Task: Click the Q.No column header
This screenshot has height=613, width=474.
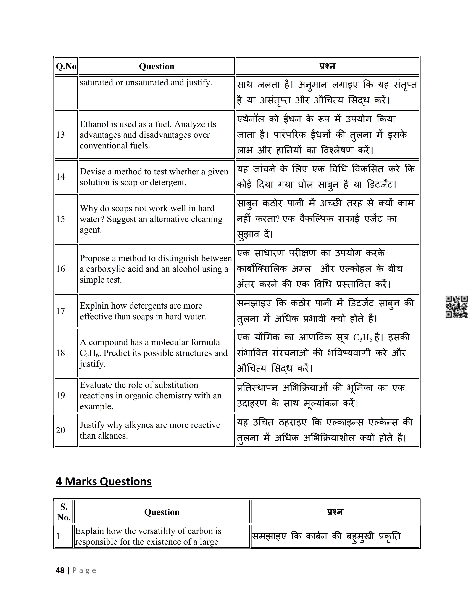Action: coord(66,67)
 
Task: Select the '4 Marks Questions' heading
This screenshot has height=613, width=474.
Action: coord(104,481)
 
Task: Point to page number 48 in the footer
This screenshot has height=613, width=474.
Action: coord(60,570)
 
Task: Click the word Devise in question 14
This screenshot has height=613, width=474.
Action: coord(90,171)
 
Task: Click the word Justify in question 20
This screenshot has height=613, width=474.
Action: coord(90,425)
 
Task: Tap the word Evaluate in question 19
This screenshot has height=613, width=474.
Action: coord(93,385)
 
